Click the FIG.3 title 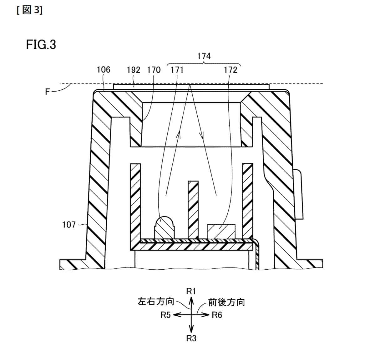pyautogui.click(x=41, y=45)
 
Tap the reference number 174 pyautogui.click(x=204, y=56)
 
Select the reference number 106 pyautogui.click(x=104, y=70)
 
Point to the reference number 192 pyautogui.click(x=134, y=70)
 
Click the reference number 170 pyautogui.click(x=154, y=70)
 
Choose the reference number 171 pyautogui.click(x=177, y=70)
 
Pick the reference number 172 pyautogui.click(x=231, y=70)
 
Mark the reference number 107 pyautogui.click(x=69, y=224)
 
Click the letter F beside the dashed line pyautogui.click(x=47, y=92)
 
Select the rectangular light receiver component pyautogui.click(x=221, y=232)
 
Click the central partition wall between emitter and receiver pyautogui.click(x=193, y=209)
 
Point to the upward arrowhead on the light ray pyautogui.click(x=180, y=134)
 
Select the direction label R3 pyautogui.click(x=191, y=338)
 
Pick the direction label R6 pyautogui.click(x=217, y=315)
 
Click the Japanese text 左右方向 pyautogui.click(x=155, y=302)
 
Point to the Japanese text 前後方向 pyautogui.click(x=227, y=302)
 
